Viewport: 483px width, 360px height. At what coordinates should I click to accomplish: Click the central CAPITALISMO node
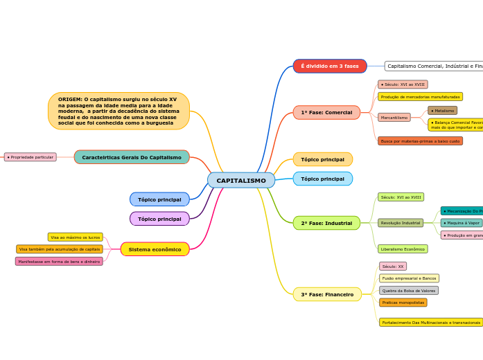(x=241, y=181)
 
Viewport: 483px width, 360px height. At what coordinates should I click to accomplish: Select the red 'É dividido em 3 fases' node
(x=330, y=66)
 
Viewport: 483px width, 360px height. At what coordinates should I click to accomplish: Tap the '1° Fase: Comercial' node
(x=326, y=112)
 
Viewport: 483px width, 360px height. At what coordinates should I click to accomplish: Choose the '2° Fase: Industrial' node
(x=326, y=223)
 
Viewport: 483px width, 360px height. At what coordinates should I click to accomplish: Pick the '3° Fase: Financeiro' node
(x=327, y=294)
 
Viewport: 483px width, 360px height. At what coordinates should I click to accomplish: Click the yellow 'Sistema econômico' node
(x=155, y=249)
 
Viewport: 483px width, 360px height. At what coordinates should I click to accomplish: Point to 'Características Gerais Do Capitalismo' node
(x=132, y=157)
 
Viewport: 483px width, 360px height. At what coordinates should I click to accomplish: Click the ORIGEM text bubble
(x=118, y=111)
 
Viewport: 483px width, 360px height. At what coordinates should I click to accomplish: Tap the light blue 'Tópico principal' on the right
(x=322, y=179)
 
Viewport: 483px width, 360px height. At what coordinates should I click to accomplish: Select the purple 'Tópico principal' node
(x=159, y=219)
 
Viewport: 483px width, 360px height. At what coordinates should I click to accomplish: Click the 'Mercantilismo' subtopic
(x=394, y=118)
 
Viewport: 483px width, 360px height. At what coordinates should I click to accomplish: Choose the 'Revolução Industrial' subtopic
(x=401, y=223)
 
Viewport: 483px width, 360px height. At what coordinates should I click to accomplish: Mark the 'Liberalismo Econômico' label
(x=403, y=249)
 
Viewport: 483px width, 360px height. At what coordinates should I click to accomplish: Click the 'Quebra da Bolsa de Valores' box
(x=409, y=291)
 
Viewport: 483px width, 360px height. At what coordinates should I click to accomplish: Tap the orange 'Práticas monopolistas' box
(x=403, y=303)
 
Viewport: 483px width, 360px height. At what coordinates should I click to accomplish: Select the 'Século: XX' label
(x=393, y=267)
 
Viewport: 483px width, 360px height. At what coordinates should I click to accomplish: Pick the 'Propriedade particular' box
(x=30, y=157)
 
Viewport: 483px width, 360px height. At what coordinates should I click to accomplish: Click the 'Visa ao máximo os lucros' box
(x=76, y=237)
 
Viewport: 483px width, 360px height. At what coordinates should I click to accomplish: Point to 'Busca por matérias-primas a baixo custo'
(x=420, y=141)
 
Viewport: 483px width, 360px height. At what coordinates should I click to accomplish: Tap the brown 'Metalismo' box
(x=442, y=111)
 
